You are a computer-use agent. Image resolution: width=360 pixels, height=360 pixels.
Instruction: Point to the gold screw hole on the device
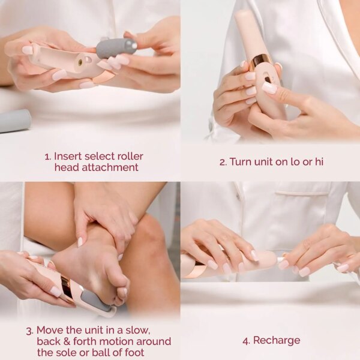pyautogui.click(x=79, y=62)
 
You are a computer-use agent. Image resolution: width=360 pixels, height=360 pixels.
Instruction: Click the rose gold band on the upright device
pyautogui.click(x=262, y=61)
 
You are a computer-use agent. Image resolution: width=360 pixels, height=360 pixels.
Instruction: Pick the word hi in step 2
pyautogui.click(x=319, y=161)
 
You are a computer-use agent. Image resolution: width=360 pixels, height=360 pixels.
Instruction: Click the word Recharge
pyautogui.click(x=277, y=341)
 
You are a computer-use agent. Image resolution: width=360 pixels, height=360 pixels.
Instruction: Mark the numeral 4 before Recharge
pyautogui.click(x=245, y=341)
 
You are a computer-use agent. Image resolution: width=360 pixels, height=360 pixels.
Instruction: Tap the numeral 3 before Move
pyautogui.click(x=29, y=330)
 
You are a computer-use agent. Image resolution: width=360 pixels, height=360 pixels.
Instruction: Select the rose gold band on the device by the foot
pyautogui.click(x=67, y=289)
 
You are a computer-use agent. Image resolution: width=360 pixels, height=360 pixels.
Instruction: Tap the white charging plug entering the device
pyautogui.click(x=279, y=259)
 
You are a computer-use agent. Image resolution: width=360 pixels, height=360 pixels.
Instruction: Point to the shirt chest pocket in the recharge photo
pyautogui.click(x=300, y=207)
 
